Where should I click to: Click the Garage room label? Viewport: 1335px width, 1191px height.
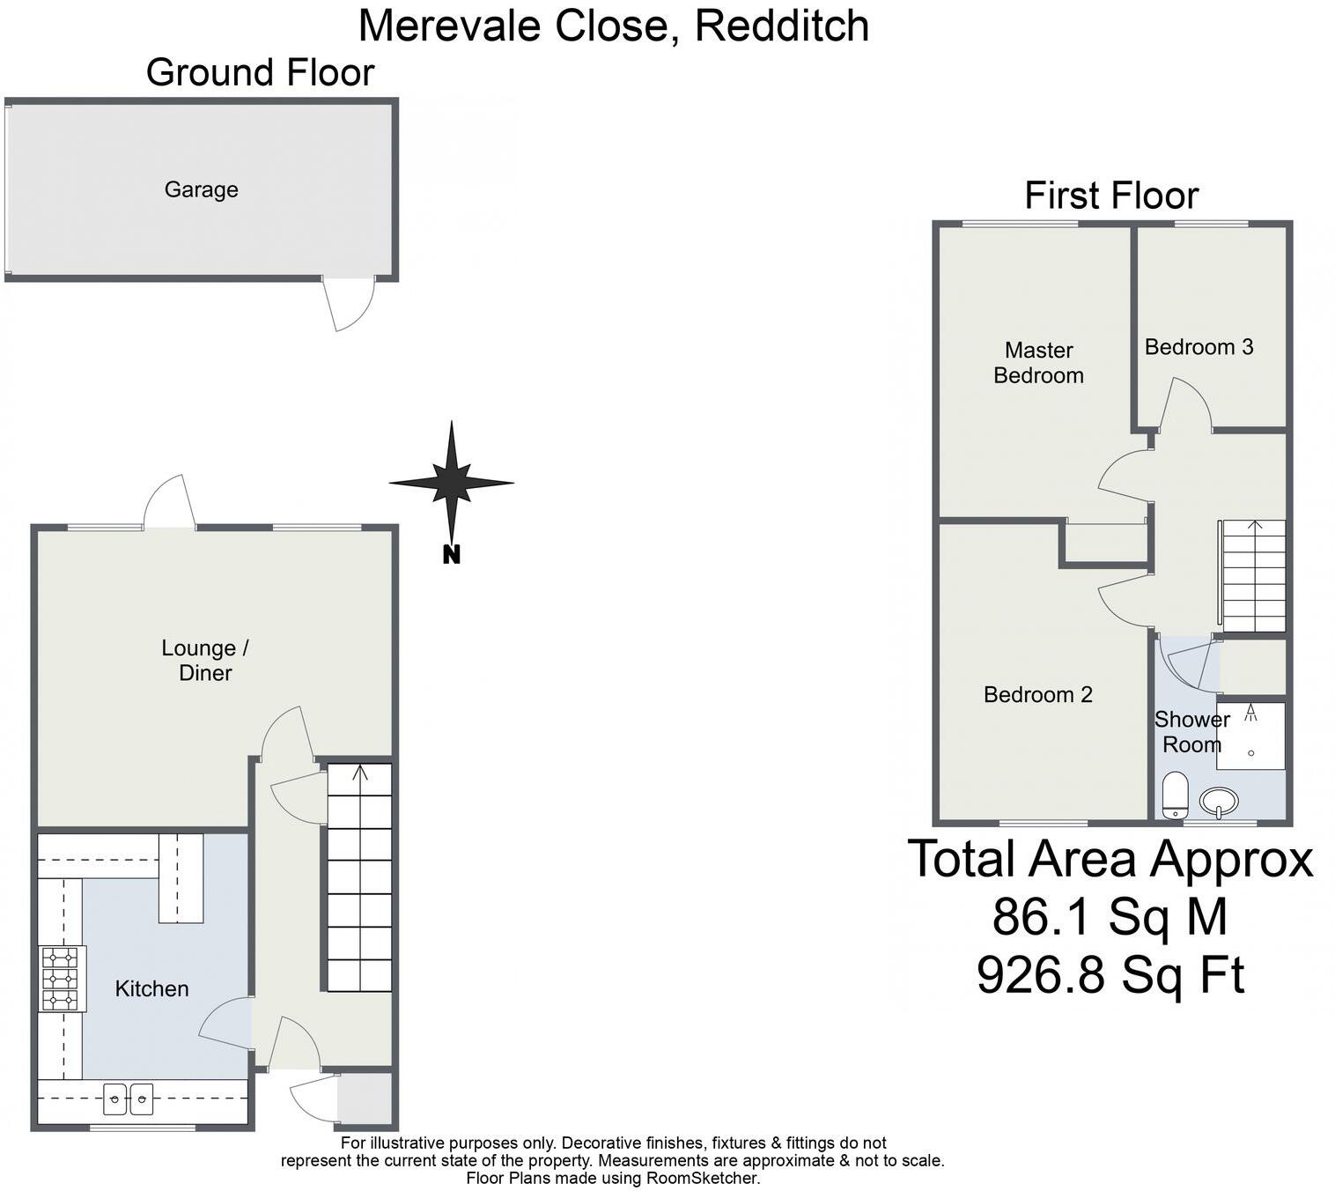point(201,189)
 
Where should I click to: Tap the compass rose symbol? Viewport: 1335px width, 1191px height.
point(452,482)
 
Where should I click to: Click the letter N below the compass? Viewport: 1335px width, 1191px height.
point(451,555)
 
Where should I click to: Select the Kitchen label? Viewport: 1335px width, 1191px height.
point(151,988)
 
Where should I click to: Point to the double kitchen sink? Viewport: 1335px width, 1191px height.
point(129,1098)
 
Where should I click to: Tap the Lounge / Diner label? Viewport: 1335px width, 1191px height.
point(204,660)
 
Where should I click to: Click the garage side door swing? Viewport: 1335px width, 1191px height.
point(349,304)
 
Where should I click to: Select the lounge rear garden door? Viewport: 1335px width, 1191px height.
point(169,504)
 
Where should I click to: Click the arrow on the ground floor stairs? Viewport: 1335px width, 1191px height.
point(359,773)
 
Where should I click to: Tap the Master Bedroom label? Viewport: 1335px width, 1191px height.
point(1038,362)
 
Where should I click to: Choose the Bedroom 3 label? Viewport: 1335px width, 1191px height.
point(1199,347)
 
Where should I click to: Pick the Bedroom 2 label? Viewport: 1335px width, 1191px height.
point(1037,694)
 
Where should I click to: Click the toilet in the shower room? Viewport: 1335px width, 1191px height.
point(1175,795)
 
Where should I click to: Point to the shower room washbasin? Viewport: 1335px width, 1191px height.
point(1219,801)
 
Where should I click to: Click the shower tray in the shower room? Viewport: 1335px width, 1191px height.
point(1250,736)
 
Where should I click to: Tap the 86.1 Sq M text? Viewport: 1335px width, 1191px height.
point(1110,916)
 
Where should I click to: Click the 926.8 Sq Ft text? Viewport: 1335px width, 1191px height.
point(1110,974)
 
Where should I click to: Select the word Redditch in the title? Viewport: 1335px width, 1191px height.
point(782,25)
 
